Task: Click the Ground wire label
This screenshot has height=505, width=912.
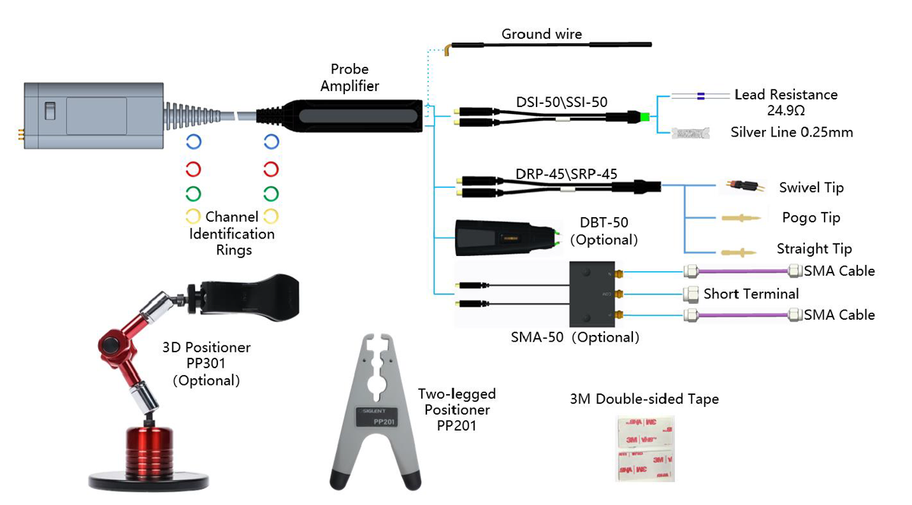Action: (x=541, y=34)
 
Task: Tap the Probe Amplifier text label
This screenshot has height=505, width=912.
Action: (x=350, y=78)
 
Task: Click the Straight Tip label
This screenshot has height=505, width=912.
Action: (x=814, y=249)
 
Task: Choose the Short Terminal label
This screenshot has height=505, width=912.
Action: (x=751, y=294)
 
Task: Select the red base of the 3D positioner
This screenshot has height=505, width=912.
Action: (x=149, y=451)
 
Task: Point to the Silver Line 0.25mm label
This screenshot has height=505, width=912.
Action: (x=791, y=133)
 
